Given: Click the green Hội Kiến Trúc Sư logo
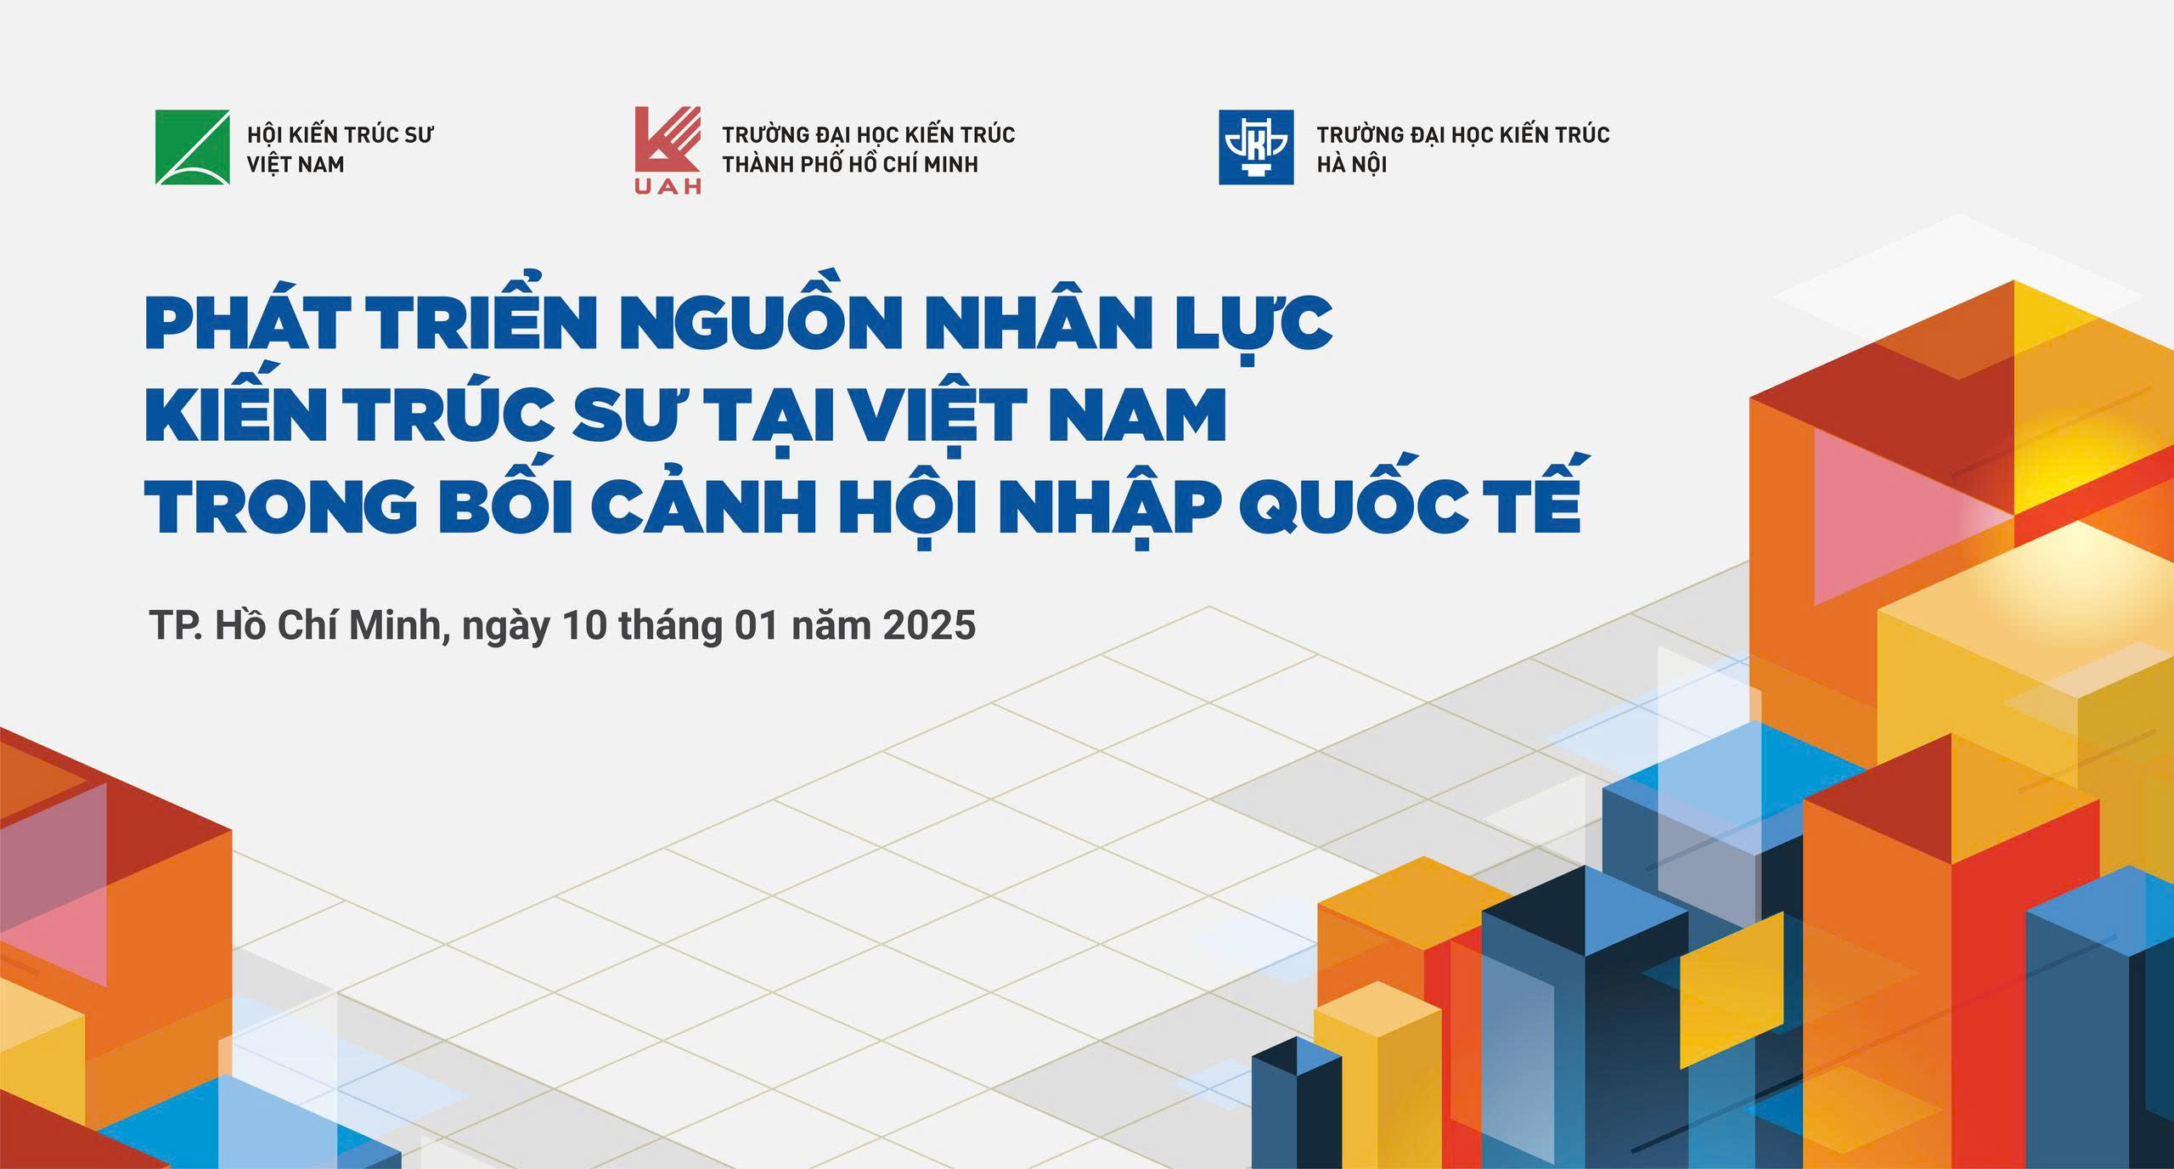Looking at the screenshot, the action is pos(192,147).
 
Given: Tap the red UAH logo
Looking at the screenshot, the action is pos(668,150).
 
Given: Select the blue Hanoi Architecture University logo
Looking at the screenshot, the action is pos(1256,147).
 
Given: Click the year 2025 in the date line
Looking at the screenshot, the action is pos(928,625).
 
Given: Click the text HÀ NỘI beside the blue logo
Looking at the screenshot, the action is pos(1351,164).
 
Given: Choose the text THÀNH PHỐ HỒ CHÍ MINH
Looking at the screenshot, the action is pos(850,164).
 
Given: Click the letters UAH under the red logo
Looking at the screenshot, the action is pos(668,186).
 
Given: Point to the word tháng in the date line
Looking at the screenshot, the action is pos(669,627).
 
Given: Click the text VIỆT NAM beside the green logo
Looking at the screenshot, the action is pos(296,165).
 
